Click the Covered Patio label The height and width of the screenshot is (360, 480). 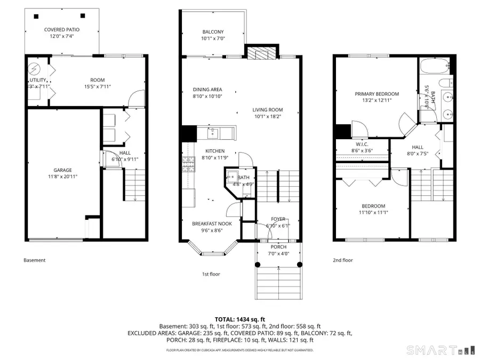point(62,30)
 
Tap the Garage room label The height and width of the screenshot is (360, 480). point(62,171)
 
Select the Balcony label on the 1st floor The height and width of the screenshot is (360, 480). point(213,31)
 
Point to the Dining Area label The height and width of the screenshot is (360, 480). point(207,90)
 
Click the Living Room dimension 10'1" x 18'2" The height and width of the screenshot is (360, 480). point(267,117)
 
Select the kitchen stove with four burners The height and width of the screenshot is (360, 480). point(188,163)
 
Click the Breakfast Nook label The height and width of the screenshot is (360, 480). point(212,224)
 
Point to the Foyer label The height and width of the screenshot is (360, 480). point(278,219)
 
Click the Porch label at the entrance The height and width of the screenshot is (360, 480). point(278,247)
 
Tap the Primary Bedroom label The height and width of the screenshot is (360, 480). point(377,94)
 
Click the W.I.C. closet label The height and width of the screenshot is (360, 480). point(362,145)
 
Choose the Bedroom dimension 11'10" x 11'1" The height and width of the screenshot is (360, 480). point(372,213)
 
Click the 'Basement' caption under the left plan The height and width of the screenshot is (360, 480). point(35,260)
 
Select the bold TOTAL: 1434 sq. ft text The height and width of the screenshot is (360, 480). point(239,318)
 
